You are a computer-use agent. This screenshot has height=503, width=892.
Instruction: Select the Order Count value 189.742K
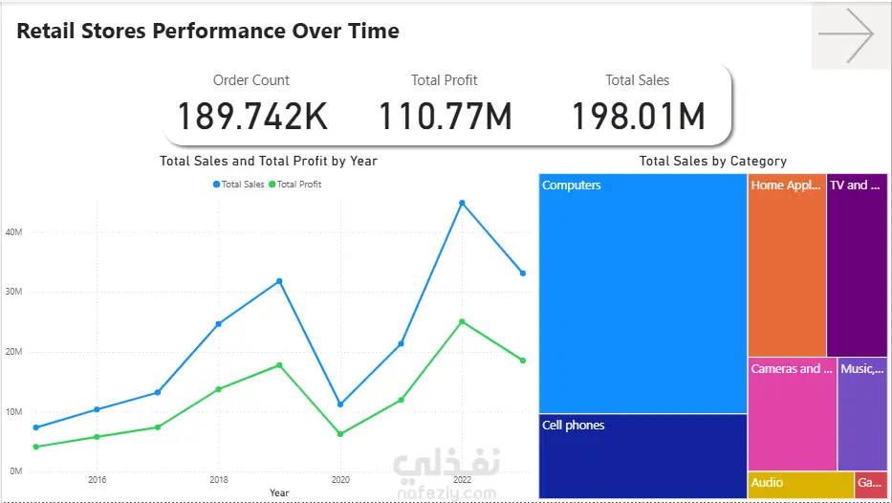point(252,116)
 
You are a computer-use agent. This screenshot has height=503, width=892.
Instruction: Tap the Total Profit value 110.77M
point(445,116)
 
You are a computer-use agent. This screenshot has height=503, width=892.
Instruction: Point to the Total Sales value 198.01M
point(638,116)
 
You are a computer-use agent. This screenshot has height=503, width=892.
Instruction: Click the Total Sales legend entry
point(238,185)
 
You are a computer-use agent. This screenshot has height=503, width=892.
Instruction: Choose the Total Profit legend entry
point(294,185)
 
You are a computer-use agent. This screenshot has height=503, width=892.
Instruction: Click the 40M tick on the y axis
point(13,232)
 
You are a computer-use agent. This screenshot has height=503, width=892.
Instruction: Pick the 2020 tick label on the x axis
point(340,480)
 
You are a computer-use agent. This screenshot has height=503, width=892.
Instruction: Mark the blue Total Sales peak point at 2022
point(462,203)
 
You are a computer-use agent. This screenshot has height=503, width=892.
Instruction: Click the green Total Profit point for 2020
point(340,434)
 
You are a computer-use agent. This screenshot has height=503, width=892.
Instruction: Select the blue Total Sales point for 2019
point(279,281)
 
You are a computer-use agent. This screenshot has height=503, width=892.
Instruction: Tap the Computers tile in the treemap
point(642,294)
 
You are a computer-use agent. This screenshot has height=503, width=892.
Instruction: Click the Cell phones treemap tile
point(642,456)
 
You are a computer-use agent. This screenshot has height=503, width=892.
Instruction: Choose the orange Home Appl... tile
point(787,265)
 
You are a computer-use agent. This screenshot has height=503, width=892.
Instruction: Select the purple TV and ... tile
point(858,265)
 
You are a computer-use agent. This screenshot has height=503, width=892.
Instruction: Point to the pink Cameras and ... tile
point(793,414)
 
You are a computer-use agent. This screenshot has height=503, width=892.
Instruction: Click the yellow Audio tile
point(801,485)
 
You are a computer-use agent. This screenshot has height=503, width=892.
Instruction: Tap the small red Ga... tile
point(871,485)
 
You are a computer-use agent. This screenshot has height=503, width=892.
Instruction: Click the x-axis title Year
point(279,492)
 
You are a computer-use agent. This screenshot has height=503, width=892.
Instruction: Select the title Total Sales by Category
point(713,161)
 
